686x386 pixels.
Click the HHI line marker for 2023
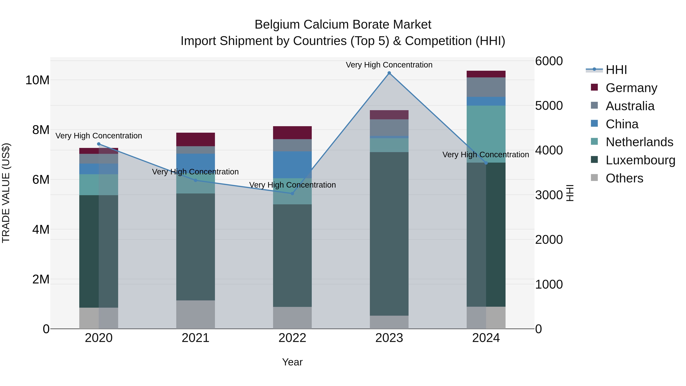pyautogui.click(x=389, y=73)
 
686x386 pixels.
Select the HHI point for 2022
pyautogui.click(x=292, y=193)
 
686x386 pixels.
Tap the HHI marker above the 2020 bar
pyautogui.click(x=99, y=144)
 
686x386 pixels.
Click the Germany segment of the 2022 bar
pyautogui.click(x=292, y=133)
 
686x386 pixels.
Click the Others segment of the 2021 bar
pyautogui.click(x=196, y=314)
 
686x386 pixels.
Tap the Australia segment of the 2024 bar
pyautogui.click(x=486, y=87)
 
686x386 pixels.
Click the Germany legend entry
pyautogui.click(x=631, y=88)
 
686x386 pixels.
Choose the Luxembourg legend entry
pyautogui.click(x=640, y=160)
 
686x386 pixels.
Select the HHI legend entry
pyautogui.click(x=616, y=70)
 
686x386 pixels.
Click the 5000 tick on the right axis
pyautogui.click(x=549, y=106)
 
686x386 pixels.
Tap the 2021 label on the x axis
pyautogui.click(x=196, y=338)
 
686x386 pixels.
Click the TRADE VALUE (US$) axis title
pyautogui.click(x=6, y=193)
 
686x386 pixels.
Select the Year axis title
pyautogui.click(x=292, y=362)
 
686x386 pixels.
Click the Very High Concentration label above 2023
pyautogui.click(x=389, y=65)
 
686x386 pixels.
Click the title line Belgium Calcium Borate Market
pyautogui.click(x=343, y=25)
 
